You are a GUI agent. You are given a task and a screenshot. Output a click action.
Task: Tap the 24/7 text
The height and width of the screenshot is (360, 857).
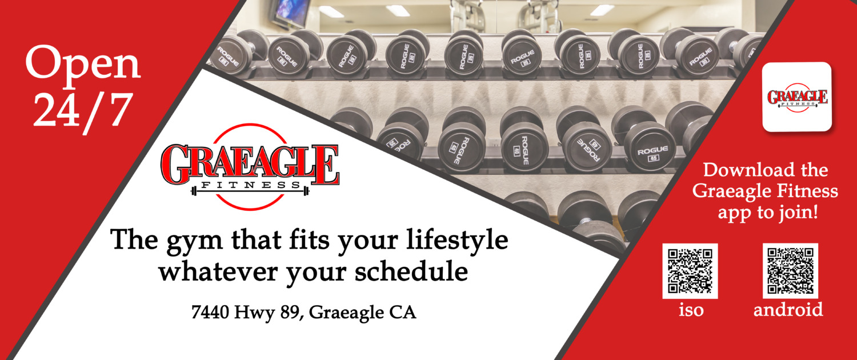tap(83, 110)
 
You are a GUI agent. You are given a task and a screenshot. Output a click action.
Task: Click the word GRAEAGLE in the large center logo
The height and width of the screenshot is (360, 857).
tap(250, 165)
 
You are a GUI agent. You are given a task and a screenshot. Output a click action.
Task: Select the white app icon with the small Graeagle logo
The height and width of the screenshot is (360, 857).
tap(797, 97)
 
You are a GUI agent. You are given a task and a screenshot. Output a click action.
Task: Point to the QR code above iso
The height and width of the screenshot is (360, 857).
tap(690, 271)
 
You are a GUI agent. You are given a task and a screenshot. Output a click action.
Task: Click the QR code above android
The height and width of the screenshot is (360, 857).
tap(790, 271)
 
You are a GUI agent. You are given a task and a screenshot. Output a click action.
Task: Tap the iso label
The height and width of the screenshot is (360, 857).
tap(691, 310)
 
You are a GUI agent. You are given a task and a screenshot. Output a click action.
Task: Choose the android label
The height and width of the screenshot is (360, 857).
tap(788, 309)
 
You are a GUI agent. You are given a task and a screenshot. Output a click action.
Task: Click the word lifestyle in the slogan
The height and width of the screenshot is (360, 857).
tap(457, 241)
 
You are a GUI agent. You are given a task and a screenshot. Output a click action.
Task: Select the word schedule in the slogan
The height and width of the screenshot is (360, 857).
tap(411, 271)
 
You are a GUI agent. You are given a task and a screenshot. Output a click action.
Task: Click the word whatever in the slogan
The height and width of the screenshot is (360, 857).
tap(218, 271)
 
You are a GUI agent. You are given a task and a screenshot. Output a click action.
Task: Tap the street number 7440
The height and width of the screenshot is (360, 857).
tap(210, 312)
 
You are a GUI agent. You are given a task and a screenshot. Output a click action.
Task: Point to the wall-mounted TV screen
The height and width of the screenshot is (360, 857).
tap(291, 12)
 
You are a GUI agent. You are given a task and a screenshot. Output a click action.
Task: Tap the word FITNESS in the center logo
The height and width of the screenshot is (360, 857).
tap(251, 185)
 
